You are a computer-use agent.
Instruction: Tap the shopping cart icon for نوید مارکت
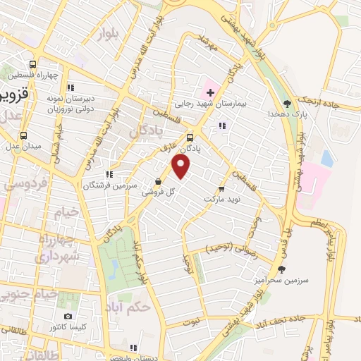222,189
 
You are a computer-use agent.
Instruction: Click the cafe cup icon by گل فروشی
159,181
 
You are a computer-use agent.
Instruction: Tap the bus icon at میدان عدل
24,135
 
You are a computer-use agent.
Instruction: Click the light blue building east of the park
326,159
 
